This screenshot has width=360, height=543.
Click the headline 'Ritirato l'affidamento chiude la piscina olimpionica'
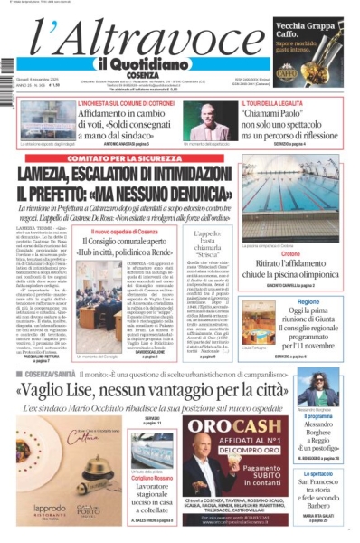tap(305, 272)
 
